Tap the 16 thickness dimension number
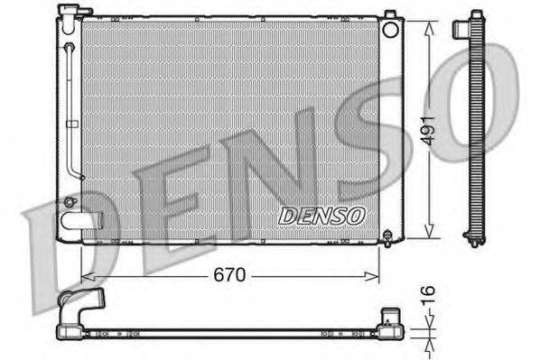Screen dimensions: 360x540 (x=430, y=293)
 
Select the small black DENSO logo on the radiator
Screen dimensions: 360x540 (x=321, y=216)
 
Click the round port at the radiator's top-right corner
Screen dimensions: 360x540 (x=390, y=29)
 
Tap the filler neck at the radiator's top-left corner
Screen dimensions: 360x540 (x=68, y=12)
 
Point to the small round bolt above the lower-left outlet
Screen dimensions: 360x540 (x=69, y=201)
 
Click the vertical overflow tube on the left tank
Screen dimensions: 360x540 (x=71, y=108)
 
